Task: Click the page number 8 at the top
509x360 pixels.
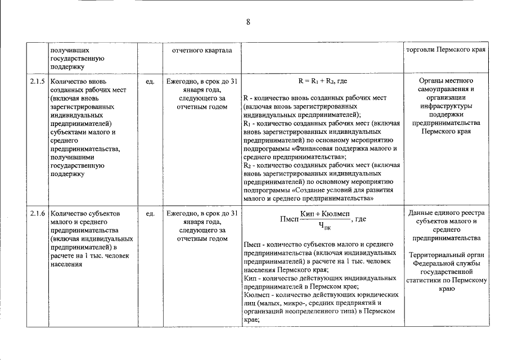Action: tap(248, 22)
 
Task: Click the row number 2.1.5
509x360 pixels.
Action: tap(38, 82)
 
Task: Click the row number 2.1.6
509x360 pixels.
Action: tap(38, 214)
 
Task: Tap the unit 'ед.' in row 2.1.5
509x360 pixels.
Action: tap(150, 82)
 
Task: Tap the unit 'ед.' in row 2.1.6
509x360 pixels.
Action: tap(150, 214)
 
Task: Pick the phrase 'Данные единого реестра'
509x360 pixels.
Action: tap(448, 213)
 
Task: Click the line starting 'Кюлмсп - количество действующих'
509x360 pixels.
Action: tap(322, 294)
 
